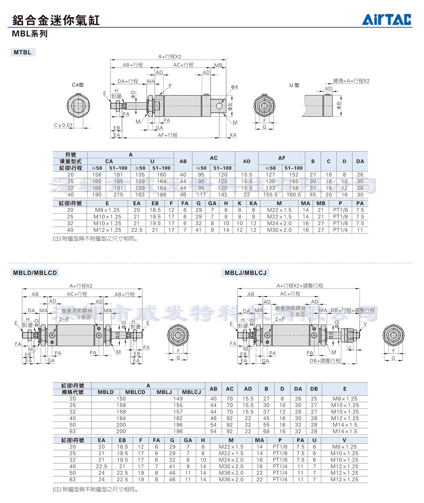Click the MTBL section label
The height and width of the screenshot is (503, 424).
23,52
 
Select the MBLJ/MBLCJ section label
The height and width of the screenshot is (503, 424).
245,273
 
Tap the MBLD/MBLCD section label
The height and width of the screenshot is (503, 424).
35,273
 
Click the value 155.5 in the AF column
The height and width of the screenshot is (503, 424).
270,195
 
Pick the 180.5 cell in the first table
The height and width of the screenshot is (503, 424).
293,195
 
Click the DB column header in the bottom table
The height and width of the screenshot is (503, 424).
314,389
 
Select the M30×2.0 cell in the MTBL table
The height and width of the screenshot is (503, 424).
279,230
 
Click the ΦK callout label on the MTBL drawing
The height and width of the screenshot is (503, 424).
234,87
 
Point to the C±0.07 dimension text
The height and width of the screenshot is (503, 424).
63,125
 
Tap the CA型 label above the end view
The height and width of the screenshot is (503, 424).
78,85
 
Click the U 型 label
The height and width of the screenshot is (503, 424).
294,85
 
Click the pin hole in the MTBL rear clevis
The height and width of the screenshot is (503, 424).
219,106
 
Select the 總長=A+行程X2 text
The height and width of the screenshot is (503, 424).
351,81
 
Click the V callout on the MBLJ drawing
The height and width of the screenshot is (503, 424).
365,324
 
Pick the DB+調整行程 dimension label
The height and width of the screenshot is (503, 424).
325,361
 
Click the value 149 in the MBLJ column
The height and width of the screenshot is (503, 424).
178,398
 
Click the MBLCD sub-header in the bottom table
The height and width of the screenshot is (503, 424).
135,392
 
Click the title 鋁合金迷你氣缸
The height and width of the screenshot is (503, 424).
56,20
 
